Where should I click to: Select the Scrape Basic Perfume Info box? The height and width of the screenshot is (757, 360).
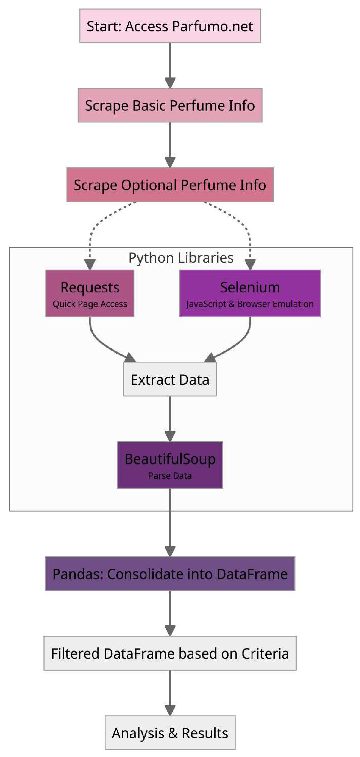(170, 105)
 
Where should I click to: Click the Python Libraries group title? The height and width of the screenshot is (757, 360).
(181, 258)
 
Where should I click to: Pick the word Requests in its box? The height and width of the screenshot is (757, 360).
(90, 287)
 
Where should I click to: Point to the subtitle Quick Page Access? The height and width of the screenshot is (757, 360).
(90, 304)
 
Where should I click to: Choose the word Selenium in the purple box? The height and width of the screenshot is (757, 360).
(250, 287)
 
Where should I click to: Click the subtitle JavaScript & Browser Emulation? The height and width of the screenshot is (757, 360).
(250, 304)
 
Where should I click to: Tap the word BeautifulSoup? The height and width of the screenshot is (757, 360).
(170, 459)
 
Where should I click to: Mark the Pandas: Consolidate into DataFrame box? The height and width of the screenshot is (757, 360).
(170, 574)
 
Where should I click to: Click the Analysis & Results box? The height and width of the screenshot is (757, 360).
(170, 733)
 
